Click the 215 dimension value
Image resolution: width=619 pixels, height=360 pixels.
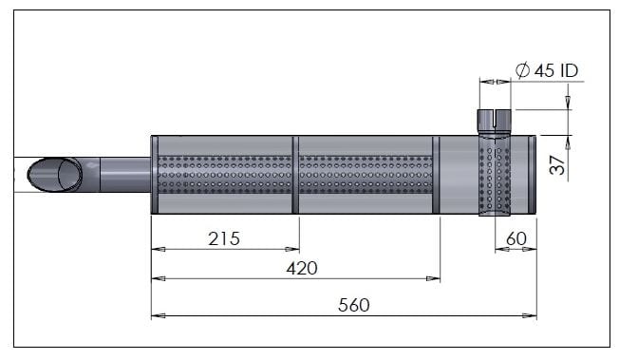pyautogui.click(x=224, y=238)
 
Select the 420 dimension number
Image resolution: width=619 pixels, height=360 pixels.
pyautogui.click(x=302, y=268)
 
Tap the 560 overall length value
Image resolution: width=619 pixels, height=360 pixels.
pyautogui.click(x=354, y=305)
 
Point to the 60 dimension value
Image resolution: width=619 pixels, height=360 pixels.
pyautogui.click(x=516, y=238)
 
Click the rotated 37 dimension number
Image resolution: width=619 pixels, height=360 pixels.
pyautogui.click(x=557, y=164)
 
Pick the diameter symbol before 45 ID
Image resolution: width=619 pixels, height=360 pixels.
pyautogui.click(x=523, y=70)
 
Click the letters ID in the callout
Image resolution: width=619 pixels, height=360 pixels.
pyautogui.click(x=569, y=70)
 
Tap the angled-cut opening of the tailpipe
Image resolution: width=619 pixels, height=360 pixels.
pyautogui.click(x=55, y=175)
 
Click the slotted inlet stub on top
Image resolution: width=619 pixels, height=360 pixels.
pyautogui.click(x=495, y=122)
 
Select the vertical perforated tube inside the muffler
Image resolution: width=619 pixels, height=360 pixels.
pyautogui.click(x=495, y=176)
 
